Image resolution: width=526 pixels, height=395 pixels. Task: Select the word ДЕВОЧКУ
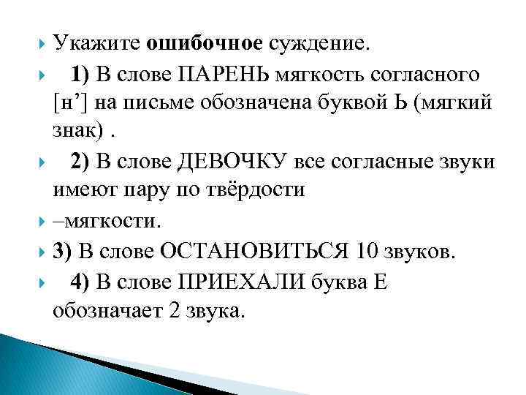[201, 159]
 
